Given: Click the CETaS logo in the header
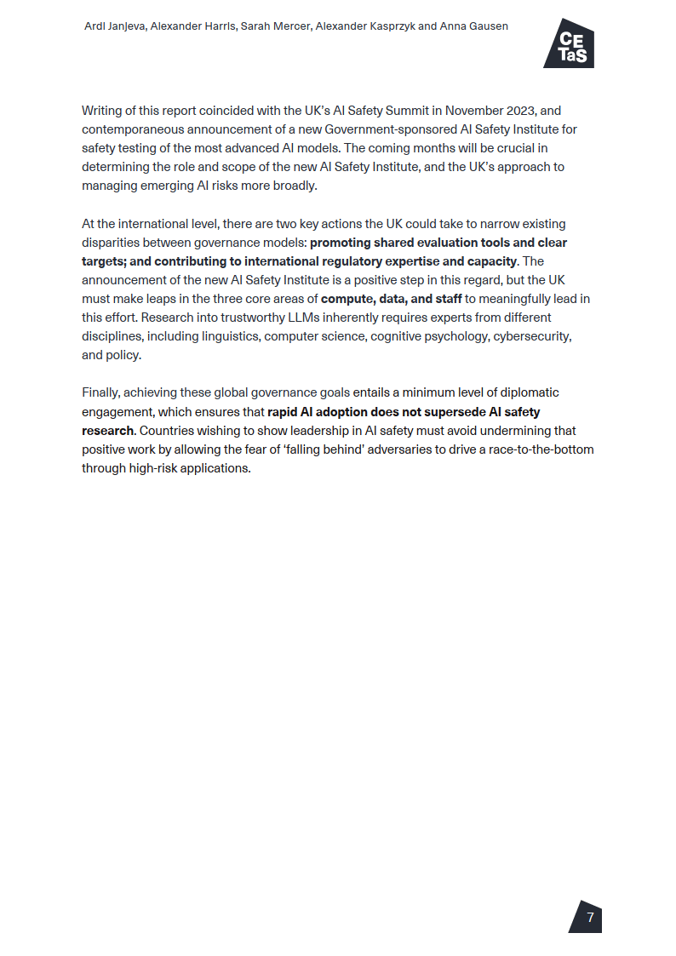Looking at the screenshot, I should point(569,43).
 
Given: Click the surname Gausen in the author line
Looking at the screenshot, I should point(488,26).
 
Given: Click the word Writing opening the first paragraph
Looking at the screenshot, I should point(103,111).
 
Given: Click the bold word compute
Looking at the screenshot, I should point(345,299).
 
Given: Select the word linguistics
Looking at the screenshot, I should point(229,336).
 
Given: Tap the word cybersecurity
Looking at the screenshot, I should point(530,336).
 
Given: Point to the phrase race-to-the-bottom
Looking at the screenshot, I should point(541,449).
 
